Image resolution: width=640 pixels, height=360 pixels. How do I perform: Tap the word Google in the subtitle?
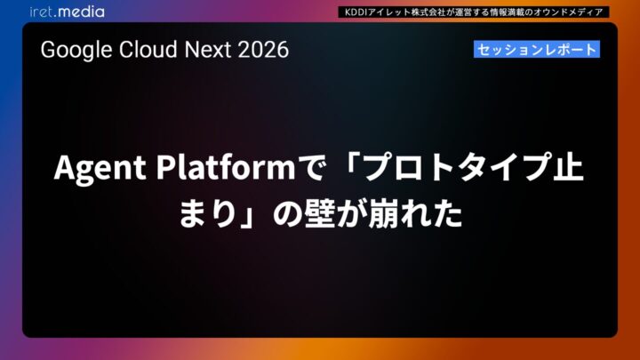[x=72, y=50]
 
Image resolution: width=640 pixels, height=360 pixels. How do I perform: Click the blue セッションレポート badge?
[x=536, y=50]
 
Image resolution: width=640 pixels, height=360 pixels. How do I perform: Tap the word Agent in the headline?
[x=98, y=168]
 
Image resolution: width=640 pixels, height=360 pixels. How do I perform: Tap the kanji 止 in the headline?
[x=565, y=168]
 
